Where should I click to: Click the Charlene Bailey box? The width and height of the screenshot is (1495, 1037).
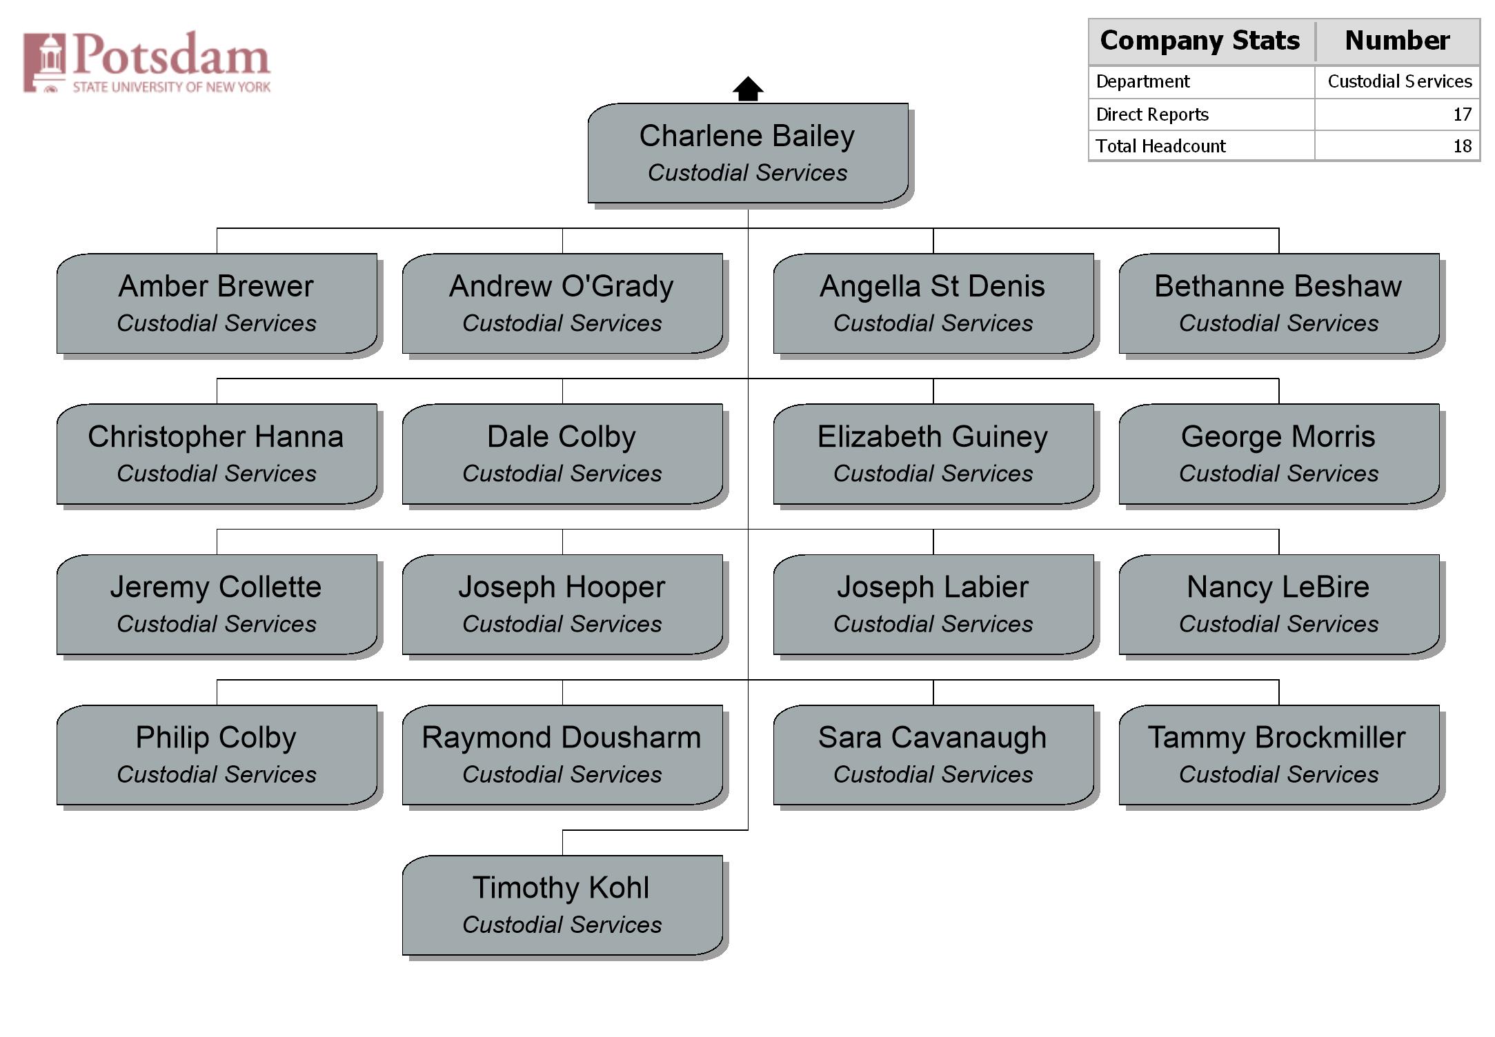pos(748,153)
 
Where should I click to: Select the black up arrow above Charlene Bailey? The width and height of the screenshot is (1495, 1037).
pos(748,89)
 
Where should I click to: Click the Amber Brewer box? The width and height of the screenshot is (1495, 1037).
pos(217,303)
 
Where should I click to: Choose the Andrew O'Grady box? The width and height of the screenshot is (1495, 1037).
pos(562,303)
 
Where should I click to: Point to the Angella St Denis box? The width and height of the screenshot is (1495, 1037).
pos(933,303)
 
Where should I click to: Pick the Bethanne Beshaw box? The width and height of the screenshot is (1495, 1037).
pos(1279,303)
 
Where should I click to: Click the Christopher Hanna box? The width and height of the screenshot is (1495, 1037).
pos(217,454)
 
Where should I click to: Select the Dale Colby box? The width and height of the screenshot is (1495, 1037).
pos(562,454)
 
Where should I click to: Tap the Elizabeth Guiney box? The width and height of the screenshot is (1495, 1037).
pos(933,454)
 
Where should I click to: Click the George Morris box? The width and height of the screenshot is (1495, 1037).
pos(1279,454)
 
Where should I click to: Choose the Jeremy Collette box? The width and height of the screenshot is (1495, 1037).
pos(217,604)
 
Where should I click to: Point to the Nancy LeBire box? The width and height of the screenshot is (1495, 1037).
pos(1279,604)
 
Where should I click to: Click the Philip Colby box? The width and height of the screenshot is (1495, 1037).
pos(217,754)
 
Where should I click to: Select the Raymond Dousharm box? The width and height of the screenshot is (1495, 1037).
pos(562,754)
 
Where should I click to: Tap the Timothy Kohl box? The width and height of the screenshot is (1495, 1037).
pos(562,905)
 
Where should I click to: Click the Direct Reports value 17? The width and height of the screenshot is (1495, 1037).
pos(1462,114)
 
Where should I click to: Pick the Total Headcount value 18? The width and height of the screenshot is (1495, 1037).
pos(1462,146)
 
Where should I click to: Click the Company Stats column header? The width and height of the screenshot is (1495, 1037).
pos(1200,41)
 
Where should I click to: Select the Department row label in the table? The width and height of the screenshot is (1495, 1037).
pos(1142,81)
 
